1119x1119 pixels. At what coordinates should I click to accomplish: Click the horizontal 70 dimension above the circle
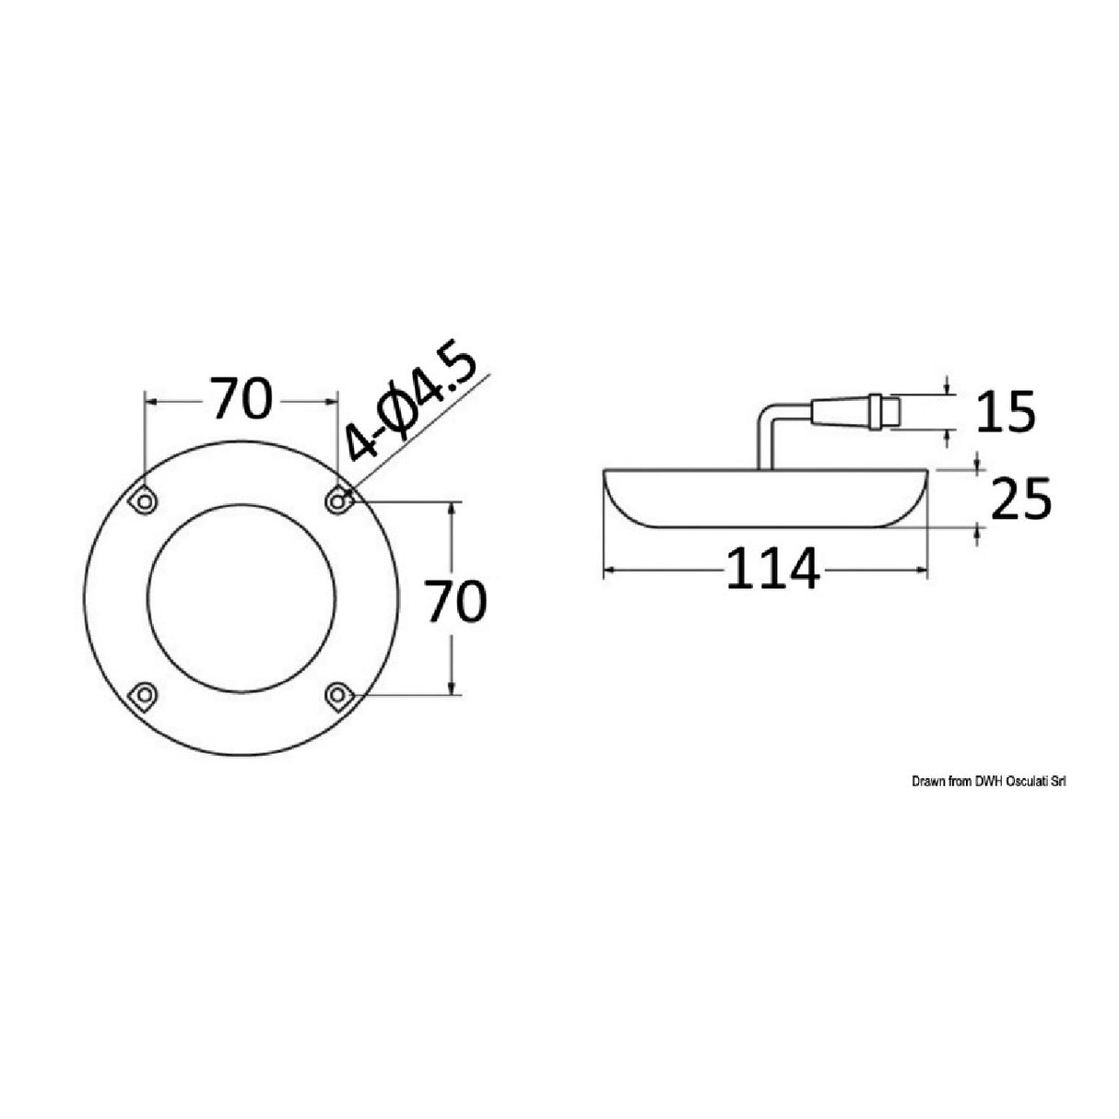[x=241, y=400]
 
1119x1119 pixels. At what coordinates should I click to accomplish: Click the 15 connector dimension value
[x=1006, y=413]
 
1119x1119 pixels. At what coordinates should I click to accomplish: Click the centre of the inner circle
[x=241, y=596]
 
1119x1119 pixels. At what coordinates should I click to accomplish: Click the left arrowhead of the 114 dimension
[x=608, y=571]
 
